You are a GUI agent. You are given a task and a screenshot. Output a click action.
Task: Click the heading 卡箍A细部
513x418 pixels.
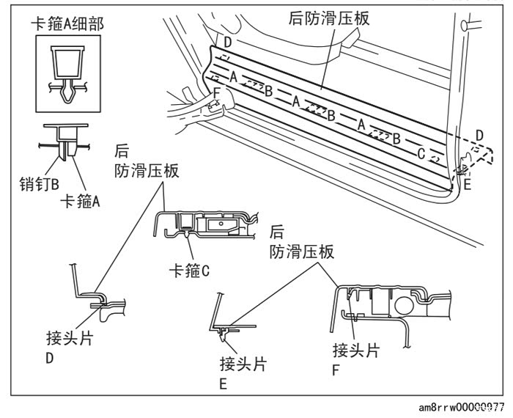pyautogui.click(x=67, y=24)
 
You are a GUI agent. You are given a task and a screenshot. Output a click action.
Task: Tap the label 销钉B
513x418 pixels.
pyautogui.click(x=40, y=184)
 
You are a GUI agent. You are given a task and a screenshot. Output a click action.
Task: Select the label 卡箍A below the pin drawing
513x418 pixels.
pyautogui.click(x=80, y=201)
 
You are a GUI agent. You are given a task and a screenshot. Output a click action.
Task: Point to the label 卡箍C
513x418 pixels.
pyautogui.click(x=189, y=271)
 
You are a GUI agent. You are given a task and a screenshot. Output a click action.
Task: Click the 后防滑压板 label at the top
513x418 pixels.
pyautogui.click(x=329, y=18)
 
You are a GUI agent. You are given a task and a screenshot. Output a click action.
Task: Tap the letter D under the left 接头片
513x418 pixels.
pyautogui.click(x=49, y=359)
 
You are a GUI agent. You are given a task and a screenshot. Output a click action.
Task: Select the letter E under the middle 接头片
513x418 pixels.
pyautogui.click(x=223, y=384)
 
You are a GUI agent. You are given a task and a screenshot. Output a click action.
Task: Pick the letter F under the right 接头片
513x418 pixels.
pyautogui.click(x=336, y=370)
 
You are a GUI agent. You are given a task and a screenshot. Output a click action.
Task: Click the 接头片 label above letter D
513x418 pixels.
pyautogui.click(x=70, y=338)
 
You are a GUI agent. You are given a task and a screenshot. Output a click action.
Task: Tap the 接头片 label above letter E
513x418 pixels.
pyautogui.click(x=243, y=364)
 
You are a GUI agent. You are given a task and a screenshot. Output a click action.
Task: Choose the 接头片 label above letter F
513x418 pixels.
pyautogui.click(x=356, y=351)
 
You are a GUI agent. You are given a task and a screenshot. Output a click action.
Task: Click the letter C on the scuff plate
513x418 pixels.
pyautogui.click(x=421, y=153)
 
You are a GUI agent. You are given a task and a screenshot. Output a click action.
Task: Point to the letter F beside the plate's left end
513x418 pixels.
pyautogui.click(x=216, y=92)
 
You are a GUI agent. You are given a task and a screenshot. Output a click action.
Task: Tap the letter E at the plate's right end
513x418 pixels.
pyautogui.click(x=468, y=185)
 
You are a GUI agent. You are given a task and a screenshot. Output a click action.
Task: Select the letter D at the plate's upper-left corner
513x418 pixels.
pyautogui.click(x=228, y=43)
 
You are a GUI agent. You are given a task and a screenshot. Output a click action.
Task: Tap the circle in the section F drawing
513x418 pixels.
pyautogui.click(x=404, y=305)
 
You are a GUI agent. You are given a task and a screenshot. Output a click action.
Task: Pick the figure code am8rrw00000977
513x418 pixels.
pyautogui.click(x=461, y=408)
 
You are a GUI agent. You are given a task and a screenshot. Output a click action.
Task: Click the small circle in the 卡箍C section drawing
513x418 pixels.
pyautogui.click(x=221, y=224)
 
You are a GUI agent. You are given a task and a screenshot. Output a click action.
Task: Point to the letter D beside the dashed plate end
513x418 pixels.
pyautogui.click(x=479, y=136)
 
